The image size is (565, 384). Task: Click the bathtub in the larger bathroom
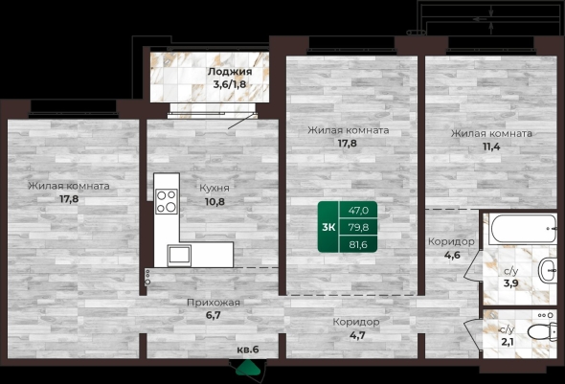(523, 229)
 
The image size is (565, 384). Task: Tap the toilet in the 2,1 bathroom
(542, 331)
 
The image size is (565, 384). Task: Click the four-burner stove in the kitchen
(166, 201)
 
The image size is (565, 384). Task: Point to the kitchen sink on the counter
(179, 255)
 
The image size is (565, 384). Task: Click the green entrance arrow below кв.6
(248, 368)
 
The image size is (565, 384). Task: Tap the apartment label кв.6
(248, 350)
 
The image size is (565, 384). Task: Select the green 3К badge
(328, 227)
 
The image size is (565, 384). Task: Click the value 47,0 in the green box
(358, 211)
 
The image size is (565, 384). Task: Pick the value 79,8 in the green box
(358, 227)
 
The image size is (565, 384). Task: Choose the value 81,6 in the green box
(358, 244)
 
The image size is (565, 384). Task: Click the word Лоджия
(230, 72)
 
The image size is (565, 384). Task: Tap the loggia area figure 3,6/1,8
(230, 85)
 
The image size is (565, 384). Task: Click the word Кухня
(215, 188)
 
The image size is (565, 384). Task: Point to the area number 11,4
(491, 147)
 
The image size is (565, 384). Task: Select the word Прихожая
(214, 303)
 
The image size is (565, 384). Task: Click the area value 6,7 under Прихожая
(214, 315)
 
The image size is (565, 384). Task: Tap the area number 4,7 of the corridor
(357, 335)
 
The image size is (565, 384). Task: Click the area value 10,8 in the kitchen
(215, 202)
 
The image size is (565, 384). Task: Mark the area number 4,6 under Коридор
(452, 255)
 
